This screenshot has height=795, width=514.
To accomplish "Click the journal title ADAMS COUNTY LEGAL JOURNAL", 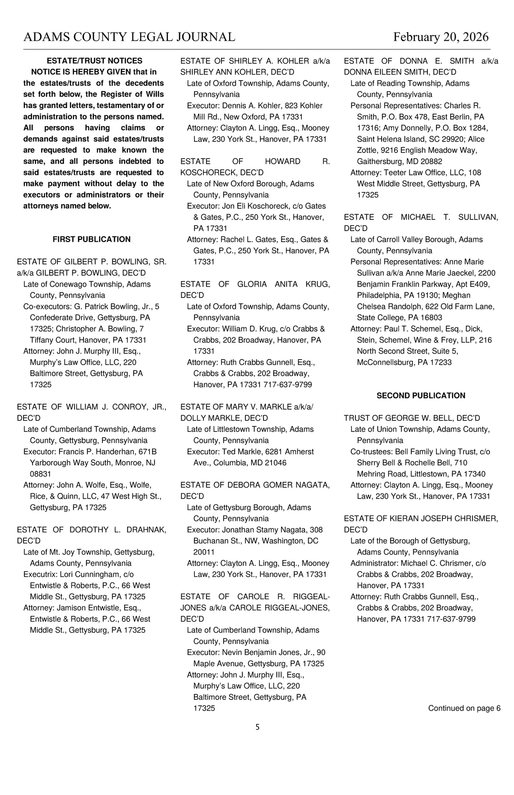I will (x=129, y=37).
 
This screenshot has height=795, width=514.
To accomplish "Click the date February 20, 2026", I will (x=441, y=37).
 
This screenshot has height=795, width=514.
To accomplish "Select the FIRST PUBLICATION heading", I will (x=92, y=239).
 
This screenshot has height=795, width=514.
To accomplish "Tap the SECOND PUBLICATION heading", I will (x=421, y=396).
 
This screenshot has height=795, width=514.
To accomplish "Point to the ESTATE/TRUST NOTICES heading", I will (x=94, y=61).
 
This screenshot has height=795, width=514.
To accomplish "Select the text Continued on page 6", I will (x=464, y=708).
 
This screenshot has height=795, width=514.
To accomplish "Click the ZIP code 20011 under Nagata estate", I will (x=204, y=552).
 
